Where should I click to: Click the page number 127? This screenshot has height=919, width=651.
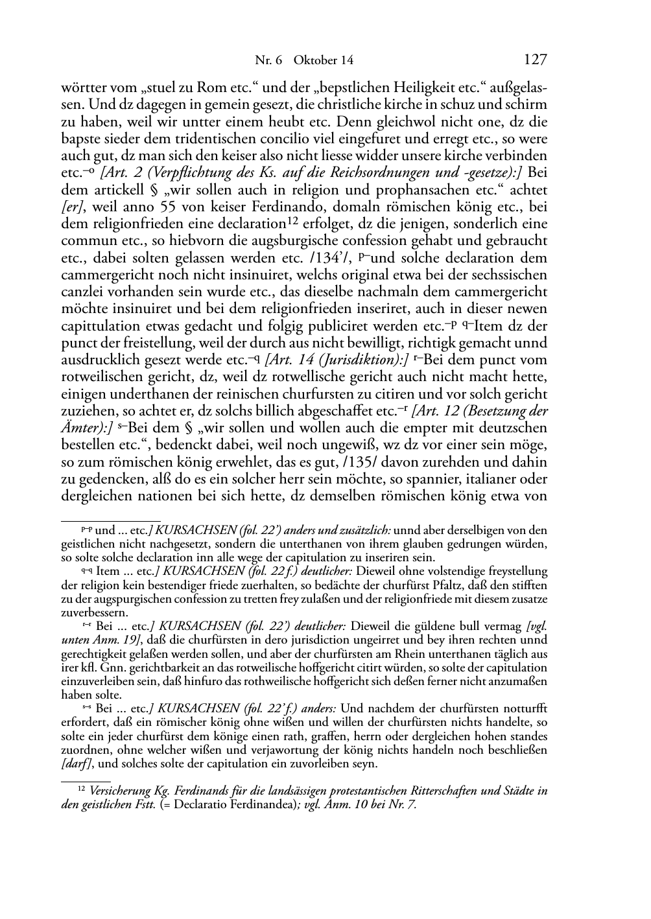click(535, 60)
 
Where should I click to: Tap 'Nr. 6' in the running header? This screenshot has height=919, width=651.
click(268, 60)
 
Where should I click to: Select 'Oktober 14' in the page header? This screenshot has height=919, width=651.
click(324, 60)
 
